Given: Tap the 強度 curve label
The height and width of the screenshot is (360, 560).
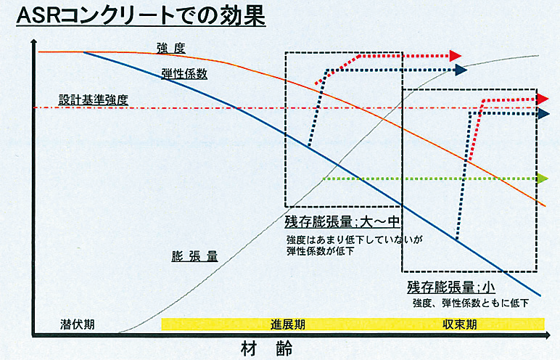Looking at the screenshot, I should click(171, 48).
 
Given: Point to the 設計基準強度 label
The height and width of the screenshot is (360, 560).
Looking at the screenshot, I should click(94, 100).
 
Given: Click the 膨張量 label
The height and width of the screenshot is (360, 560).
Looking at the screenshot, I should click(194, 256).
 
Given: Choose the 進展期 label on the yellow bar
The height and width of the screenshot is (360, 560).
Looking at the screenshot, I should click(288, 324).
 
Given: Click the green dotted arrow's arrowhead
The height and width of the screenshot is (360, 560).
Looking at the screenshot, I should click(543, 178).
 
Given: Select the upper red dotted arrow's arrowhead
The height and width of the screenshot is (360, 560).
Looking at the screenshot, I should click(456, 55).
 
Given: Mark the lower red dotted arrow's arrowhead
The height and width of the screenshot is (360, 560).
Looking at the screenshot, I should click(543, 99).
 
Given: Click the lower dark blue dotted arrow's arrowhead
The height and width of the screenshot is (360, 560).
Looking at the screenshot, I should click(543, 113).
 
